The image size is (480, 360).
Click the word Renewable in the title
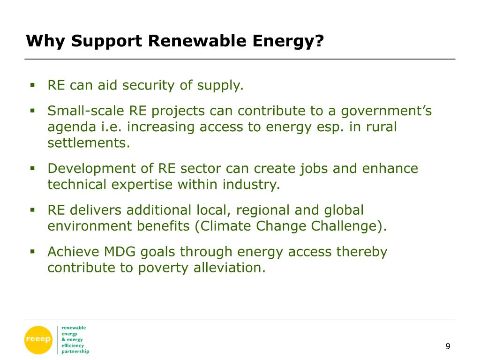(x=197, y=41)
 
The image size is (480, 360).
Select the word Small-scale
(x=86, y=111)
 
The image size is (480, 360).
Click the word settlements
(x=89, y=142)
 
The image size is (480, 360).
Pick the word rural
(x=382, y=127)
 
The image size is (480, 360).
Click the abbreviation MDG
(x=120, y=252)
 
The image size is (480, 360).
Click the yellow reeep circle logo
(x=38, y=340)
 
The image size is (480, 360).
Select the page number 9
(x=448, y=346)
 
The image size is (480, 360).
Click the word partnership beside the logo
(x=75, y=352)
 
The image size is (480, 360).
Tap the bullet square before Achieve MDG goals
(x=32, y=252)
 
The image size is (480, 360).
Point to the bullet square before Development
(x=32, y=168)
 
